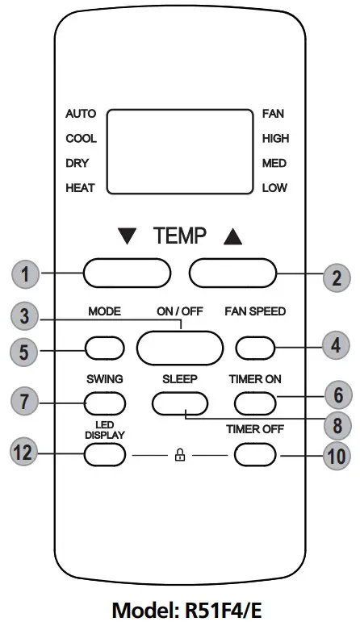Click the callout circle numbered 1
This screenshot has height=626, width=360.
(x=26, y=274)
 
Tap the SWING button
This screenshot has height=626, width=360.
(x=105, y=401)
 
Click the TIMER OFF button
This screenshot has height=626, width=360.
(x=254, y=455)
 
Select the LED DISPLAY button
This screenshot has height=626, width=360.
(x=105, y=455)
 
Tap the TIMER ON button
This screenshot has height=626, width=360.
(x=254, y=401)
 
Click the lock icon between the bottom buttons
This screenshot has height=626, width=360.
(x=179, y=456)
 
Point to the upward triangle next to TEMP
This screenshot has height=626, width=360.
(x=232, y=237)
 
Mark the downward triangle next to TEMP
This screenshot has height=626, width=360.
(x=128, y=237)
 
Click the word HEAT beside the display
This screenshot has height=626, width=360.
(x=80, y=188)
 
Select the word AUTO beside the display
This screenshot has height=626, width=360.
(x=80, y=114)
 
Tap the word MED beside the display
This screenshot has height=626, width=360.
(x=274, y=163)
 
